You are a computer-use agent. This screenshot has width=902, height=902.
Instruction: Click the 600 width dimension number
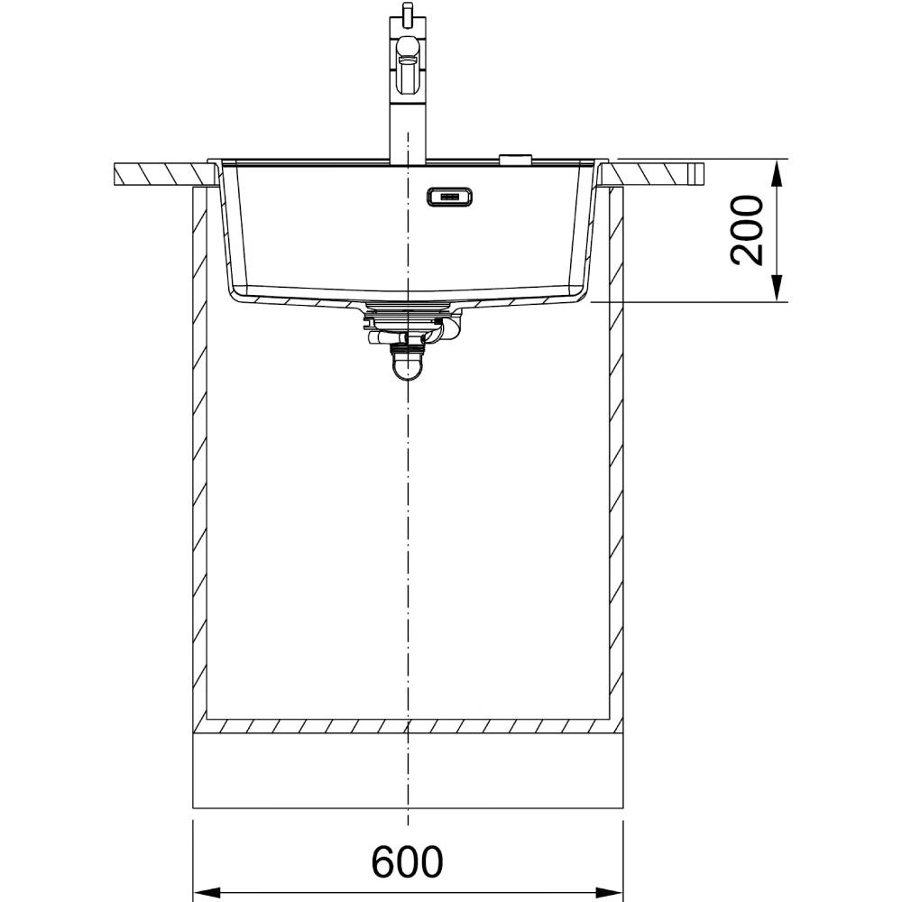point(408,861)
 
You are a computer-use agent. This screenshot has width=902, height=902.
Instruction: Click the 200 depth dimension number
point(747,230)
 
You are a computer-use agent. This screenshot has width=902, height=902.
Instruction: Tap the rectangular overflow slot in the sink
point(449,198)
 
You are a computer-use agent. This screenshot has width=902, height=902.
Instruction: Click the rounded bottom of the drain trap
point(408,367)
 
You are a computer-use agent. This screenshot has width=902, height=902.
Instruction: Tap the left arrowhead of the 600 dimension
point(208,893)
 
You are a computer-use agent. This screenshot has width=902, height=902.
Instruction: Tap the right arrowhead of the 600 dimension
point(609,893)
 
